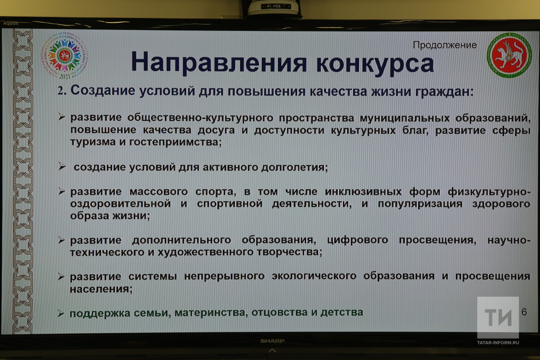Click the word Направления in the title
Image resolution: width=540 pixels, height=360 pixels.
click(219, 62)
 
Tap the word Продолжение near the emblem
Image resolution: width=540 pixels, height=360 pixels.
click(444, 45)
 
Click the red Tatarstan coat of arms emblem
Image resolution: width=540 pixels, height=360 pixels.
click(509, 55)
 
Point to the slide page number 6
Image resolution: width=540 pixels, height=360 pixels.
click(524, 312)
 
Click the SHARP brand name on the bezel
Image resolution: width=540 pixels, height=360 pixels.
click(272, 341)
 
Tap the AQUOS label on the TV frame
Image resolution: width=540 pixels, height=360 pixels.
click(11, 24)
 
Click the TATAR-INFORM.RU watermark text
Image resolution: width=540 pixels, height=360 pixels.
click(498, 342)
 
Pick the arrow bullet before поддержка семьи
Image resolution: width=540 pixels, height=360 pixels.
click(61, 313)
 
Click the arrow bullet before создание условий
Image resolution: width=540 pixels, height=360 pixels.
click(62, 167)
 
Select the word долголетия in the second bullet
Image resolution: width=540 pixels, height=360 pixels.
click(294, 168)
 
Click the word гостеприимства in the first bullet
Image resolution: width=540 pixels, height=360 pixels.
click(175, 142)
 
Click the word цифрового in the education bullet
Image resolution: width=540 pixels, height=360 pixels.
click(358, 240)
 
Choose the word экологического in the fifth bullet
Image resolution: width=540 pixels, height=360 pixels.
click(314, 276)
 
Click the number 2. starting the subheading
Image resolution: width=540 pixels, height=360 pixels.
click(62, 90)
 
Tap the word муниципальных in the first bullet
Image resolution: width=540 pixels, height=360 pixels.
click(405, 118)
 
